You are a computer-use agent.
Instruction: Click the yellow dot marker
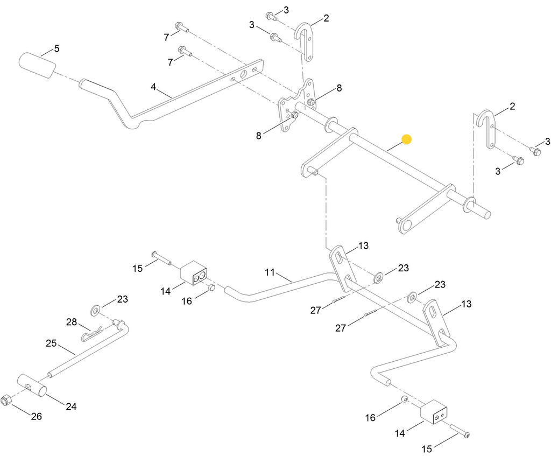point(407,139)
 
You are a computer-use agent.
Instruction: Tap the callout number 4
point(153,87)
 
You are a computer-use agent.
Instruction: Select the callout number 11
point(270,272)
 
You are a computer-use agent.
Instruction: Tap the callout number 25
point(51,343)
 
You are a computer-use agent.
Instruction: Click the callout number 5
point(56,49)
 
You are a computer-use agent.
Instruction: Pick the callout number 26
point(36,416)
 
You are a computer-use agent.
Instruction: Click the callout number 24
point(71,406)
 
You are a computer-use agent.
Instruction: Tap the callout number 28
point(72,322)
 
